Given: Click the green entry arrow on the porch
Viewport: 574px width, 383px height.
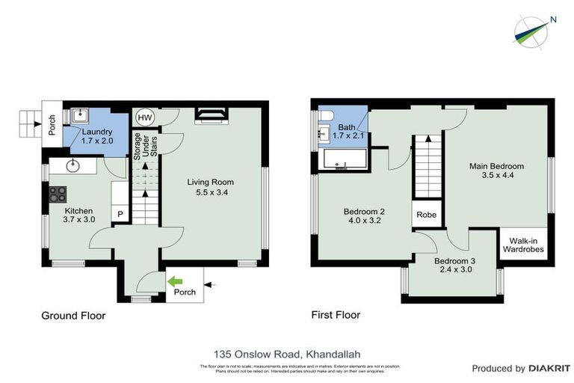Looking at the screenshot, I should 176,282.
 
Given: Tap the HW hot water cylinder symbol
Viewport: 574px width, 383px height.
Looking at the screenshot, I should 144,118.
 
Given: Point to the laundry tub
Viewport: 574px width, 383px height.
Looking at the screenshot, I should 81,116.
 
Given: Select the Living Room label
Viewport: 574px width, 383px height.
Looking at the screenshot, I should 210,182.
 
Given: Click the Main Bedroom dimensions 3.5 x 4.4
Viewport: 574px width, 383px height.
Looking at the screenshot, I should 496,176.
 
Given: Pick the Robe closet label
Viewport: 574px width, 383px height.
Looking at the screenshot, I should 426,215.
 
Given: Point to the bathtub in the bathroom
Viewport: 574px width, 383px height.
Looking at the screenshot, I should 344,160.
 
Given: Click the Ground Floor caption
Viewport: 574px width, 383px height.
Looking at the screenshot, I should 72,316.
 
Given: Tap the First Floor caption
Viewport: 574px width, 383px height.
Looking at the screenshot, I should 336,315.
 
